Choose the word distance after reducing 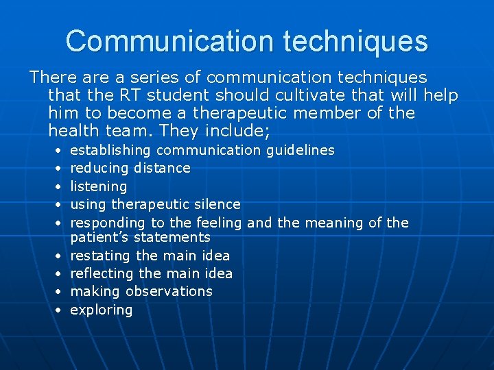(x=162, y=168)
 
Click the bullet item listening (x=99, y=186)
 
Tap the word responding (x=108, y=223)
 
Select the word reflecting (x=102, y=273)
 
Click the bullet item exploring (x=102, y=310)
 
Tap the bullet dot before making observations (x=60, y=292)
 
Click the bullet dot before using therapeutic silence (x=60, y=205)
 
